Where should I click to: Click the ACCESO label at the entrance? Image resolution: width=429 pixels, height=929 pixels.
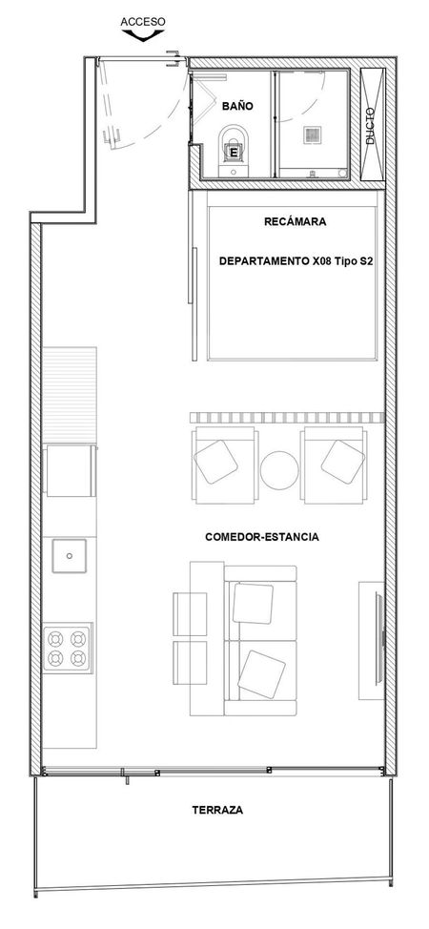[143, 22]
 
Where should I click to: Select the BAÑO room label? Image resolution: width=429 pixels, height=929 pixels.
[237, 106]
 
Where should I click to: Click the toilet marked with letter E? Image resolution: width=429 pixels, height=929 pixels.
[235, 147]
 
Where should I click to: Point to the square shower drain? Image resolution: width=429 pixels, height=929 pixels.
[313, 134]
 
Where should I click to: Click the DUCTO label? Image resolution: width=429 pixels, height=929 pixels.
[370, 126]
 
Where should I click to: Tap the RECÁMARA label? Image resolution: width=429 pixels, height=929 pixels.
[296, 222]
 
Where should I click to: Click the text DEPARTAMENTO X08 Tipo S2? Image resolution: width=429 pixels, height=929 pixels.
[296, 260]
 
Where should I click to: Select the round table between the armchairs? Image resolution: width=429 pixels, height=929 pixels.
[279, 470]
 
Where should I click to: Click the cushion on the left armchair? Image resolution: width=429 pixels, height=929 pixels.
[216, 462]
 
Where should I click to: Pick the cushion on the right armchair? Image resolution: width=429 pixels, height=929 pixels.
[343, 462]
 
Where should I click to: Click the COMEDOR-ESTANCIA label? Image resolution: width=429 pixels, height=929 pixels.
[262, 537]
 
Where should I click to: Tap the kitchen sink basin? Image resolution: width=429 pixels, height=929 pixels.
[70, 556]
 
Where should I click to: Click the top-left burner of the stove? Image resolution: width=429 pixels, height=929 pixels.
[55, 638]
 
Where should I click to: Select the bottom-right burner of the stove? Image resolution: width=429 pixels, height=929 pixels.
[78, 658]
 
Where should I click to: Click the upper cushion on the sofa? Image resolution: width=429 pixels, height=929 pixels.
[253, 603]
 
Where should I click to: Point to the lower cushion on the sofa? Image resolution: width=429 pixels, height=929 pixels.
[261, 674]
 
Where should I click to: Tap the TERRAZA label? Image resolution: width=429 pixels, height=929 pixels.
[217, 811]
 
